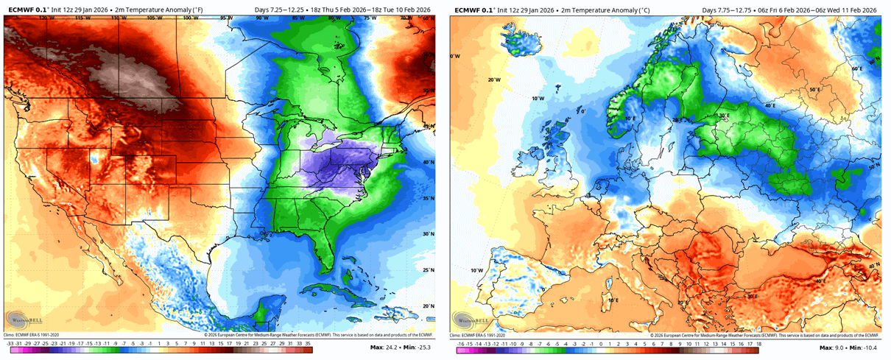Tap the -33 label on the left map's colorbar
(10, 343)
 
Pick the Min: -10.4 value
(863, 347)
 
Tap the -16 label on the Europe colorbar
(460, 343)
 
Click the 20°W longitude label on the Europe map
(493, 80)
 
